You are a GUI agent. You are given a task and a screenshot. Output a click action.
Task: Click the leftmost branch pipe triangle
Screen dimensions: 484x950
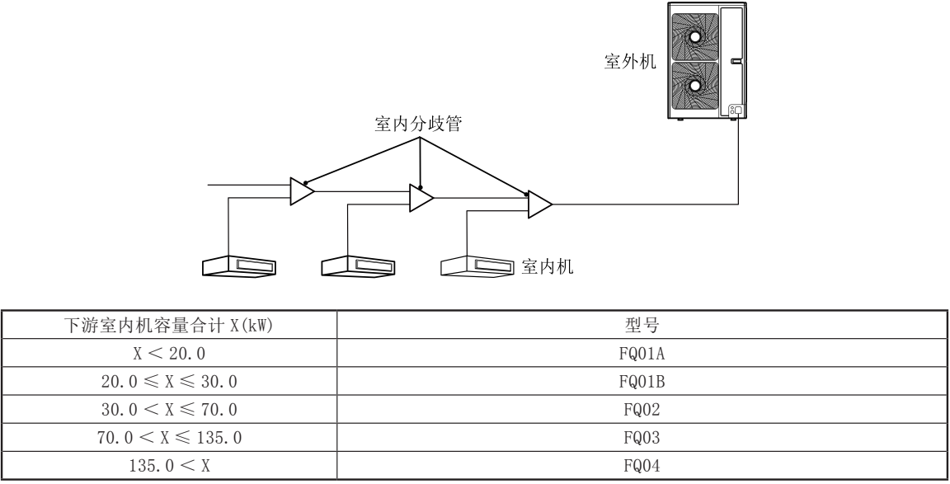tap(302, 190)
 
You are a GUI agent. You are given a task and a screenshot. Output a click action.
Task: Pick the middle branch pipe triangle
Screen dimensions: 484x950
tap(421, 198)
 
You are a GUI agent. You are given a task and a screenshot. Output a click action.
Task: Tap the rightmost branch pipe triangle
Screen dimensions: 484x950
tap(540, 204)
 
